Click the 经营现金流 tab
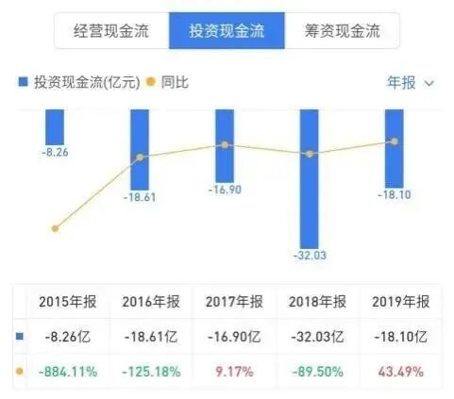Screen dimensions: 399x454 point(112,32)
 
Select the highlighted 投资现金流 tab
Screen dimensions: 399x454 point(226,32)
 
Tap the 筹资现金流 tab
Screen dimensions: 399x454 point(338,32)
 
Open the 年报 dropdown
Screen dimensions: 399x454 point(410,83)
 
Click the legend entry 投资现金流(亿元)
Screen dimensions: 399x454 point(79,83)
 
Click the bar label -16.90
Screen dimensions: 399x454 point(225,190)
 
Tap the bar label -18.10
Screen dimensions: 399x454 point(394,195)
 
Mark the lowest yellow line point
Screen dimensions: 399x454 point(56,228)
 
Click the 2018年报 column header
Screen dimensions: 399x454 point(311,302)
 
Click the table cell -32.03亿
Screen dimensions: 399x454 point(311,337)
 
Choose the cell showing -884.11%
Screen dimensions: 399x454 point(68,372)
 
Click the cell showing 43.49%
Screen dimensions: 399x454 point(396,372)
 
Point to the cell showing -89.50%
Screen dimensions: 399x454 point(311,372)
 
